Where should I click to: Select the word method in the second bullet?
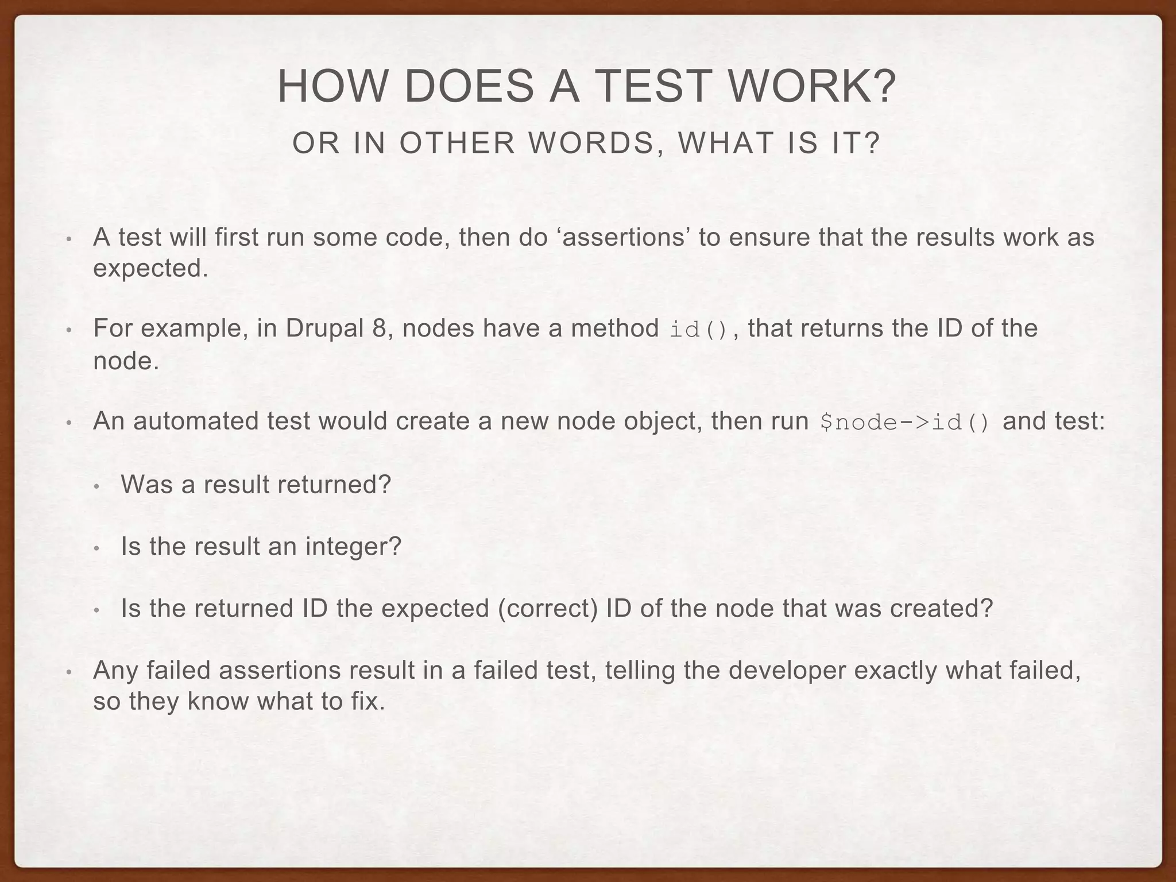coord(614,328)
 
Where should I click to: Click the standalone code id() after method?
coord(699,330)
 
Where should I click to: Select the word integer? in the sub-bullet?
coord(353,546)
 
